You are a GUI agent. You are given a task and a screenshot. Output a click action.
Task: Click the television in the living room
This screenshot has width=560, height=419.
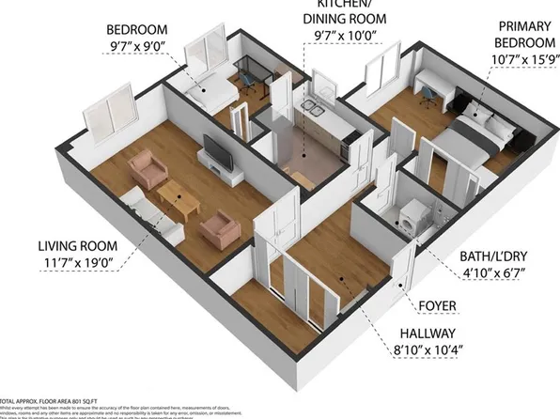tap(215, 153)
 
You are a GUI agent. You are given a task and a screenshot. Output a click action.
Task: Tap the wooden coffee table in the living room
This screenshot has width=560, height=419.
tap(178, 196)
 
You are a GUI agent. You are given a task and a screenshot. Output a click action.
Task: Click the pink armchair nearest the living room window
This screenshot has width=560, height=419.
tap(148, 169)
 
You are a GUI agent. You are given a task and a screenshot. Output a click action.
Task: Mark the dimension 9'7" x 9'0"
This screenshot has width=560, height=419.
tap(138, 41)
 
